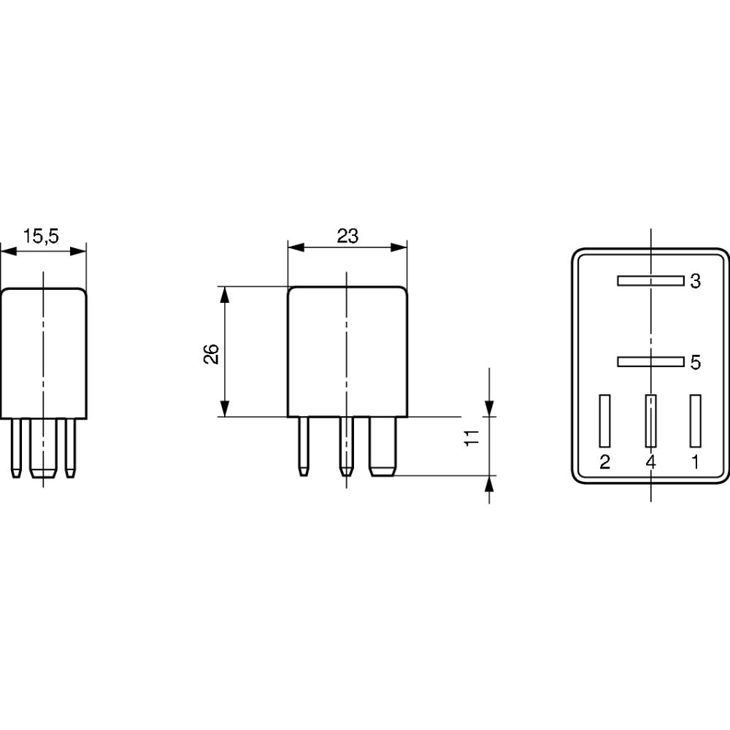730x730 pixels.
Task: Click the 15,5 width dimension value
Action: click(x=41, y=236)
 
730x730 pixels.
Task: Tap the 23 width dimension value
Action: click(x=347, y=236)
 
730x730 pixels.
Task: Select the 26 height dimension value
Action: click(x=212, y=354)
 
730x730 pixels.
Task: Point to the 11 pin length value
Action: click(x=472, y=437)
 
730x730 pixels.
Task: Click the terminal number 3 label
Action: click(x=695, y=281)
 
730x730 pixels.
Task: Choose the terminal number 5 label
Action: click(x=695, y=362)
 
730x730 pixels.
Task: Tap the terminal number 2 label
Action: click(x=604, y=462)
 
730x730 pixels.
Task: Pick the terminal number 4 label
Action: click(x=651, y=462)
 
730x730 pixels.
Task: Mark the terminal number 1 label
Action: click(x=695, y=462)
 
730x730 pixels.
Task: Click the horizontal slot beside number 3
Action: click(x=651, y=281)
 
